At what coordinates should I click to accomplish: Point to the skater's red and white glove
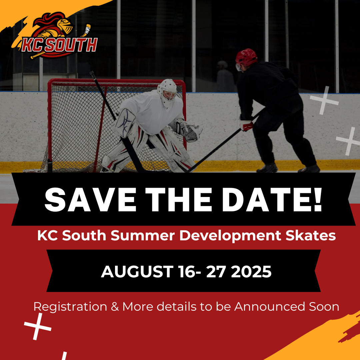tap(246, 125)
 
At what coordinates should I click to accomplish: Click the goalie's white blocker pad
tap(124, 123)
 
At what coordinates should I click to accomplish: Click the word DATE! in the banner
tap(272, 199)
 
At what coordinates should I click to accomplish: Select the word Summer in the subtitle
tap(143, 236)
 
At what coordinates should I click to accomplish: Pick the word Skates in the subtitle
tap(310, 236)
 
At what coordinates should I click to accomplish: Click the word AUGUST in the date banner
tap(137, 272)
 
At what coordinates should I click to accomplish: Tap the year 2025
tap(251, 272)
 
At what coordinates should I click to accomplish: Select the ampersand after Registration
tap(115, 307)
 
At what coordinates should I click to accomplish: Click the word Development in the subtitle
tap(230, 236)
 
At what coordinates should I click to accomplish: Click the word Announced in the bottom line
tap(270, 307)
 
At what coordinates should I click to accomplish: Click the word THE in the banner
tap(178, 199)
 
